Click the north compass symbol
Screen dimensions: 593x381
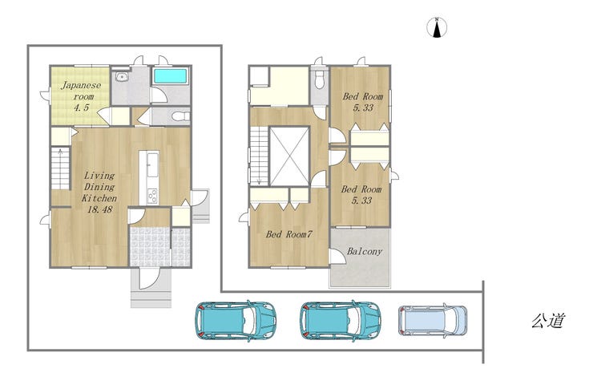coord(437,27)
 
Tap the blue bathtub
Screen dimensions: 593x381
coord(170,76)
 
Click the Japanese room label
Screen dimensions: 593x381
coord(81,96)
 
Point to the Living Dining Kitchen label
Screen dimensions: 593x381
coord(99,187)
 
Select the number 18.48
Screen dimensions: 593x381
coord(100,209)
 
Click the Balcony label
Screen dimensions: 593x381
coord(365,251)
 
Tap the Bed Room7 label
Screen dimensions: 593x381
coord(289,234)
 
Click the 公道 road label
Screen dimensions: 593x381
coord(548,321)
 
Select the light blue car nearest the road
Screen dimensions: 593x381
coord(433,320)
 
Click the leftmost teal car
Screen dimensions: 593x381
coord(236,321)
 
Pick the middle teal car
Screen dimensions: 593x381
coord(341,321)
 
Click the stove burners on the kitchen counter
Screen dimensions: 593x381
coord(152,196)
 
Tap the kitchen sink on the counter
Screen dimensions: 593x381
coord(152,164)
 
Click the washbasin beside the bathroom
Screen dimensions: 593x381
coord(121,76)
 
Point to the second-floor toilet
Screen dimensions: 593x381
coord(320,80)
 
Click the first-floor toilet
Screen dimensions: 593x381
coord(180,116)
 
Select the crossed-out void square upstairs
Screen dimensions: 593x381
coord(289,156)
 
